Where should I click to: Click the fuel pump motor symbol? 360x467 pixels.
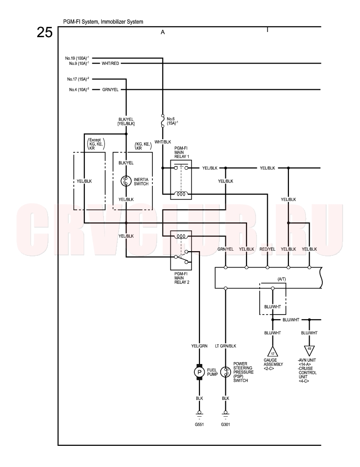click(x=199, y=372)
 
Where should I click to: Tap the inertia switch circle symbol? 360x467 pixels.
click(x=126, y=181)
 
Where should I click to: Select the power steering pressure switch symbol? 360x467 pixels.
click(x=225, y=372)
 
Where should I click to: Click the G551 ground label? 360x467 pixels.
click(x=199, y=424)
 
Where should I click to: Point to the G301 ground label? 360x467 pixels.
click(x=225, y=424)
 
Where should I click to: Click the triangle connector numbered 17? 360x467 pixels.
click(x=272, y=351)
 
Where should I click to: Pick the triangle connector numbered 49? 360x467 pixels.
click(x=309, y=350)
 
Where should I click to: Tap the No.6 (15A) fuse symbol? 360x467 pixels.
click(x=163, y=120)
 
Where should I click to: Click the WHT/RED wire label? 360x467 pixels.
click(x=110, y=63)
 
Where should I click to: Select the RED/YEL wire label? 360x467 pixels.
click(x=267, y=249)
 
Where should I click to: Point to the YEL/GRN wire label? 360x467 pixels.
click(x=199, y=346)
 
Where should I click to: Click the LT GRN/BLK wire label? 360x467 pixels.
click(x=225, y=346)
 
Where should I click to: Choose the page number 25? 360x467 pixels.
click(x=45, y=32)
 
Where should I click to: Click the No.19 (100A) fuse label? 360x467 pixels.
click(x=77, y=58)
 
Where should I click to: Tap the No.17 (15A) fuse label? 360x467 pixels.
click(x=78, y=79)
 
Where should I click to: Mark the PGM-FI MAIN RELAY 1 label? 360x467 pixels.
click(x=182, y=152)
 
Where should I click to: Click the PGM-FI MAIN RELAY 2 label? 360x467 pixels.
click(x=182, y=278)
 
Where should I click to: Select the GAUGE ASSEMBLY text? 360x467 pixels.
click(x=273, y=362)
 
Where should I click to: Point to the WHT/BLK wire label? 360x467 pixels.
click(x=163, y=142)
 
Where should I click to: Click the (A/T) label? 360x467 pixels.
click(x=281, y=279)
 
